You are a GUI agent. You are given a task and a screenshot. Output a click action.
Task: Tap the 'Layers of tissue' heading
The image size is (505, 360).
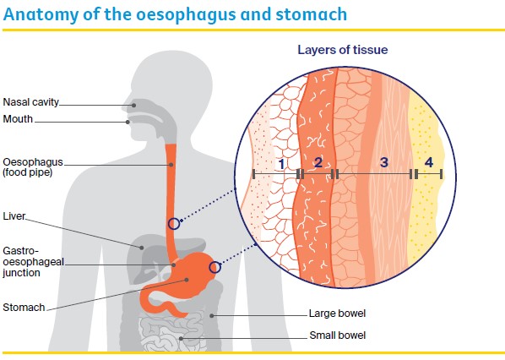[342, 50]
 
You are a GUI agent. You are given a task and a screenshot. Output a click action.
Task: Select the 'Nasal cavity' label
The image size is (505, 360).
[30, 102]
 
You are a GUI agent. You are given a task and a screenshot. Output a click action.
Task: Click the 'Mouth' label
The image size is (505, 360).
[18, 119]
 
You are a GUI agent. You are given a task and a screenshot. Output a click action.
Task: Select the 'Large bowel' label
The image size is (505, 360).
[338, 314]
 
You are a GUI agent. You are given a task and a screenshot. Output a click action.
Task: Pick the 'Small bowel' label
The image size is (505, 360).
[338, 335]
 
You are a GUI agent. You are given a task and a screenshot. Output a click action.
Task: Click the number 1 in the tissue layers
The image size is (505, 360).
[282, 161]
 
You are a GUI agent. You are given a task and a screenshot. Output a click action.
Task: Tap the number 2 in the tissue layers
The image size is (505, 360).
[318, 161]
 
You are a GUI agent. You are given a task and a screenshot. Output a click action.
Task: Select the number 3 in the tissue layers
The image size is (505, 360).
[383, 161]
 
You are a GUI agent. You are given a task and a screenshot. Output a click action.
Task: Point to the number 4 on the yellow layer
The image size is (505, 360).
[428, 161]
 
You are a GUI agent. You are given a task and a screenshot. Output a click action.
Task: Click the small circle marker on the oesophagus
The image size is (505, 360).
[173, 224]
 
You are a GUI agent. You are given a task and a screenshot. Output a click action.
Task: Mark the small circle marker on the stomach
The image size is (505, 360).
[214, 267]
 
